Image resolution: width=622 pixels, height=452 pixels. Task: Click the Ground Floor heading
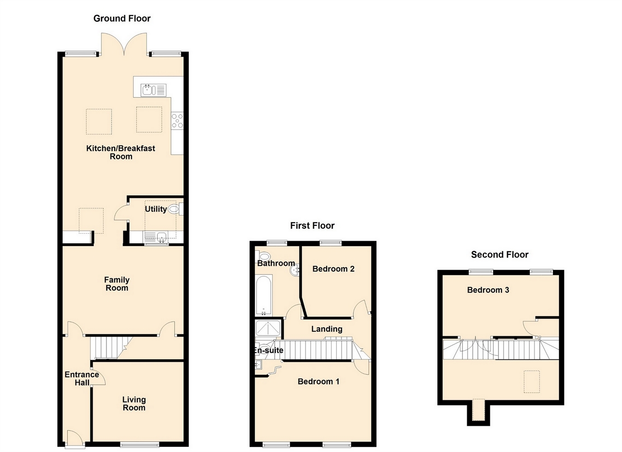(x=122, y=18)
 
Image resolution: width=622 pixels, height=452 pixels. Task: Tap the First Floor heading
(x=312, y=225)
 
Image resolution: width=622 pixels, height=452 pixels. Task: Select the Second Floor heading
(x=499, y=254)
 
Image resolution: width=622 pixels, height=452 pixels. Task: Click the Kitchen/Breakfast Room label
(x=121, y=152)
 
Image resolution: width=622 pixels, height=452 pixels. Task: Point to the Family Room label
(x=117, y=284)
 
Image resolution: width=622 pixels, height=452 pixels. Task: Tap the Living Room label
(x=134, y=404)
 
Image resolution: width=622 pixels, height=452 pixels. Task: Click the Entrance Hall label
(x=82, y=378)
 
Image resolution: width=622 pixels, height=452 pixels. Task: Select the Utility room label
(x=156, y=209)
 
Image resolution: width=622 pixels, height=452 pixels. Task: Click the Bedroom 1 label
(x=318, y=382)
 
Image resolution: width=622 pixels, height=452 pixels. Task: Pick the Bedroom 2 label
(x=333, y=269)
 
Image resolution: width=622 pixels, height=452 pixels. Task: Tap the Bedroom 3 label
(x=488, y=290)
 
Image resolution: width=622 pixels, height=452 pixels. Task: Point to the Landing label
(x=327, y=329)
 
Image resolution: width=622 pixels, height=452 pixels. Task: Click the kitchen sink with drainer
(x=153, y=89)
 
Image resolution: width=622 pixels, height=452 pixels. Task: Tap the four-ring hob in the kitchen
(x=177, y=120)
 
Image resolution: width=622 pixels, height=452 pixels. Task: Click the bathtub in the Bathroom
(x=264, y=295)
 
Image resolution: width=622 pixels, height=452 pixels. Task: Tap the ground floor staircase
(x=109, y=347)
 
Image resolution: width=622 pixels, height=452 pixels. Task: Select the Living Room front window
(x=140, y=444)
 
